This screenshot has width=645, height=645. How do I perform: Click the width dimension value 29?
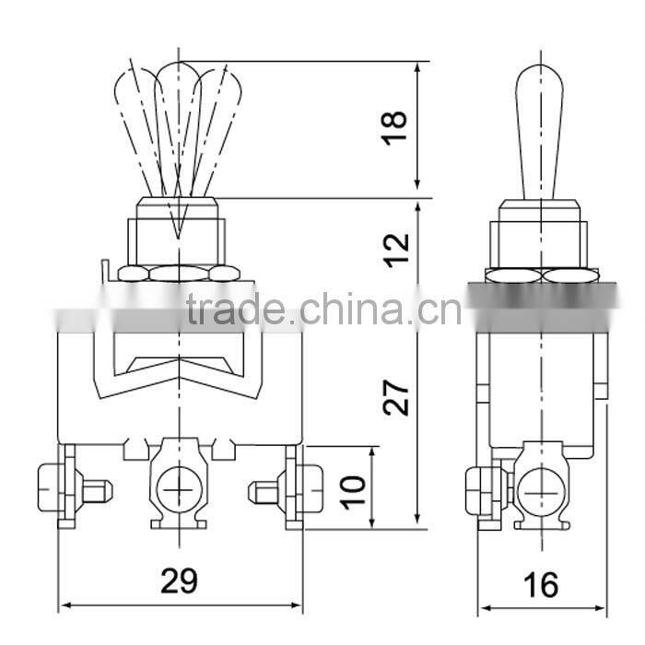pos(180,581)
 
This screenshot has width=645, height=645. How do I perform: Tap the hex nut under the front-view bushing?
pos(179,274)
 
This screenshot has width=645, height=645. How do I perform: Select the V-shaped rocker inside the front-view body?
pos(179,367)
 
